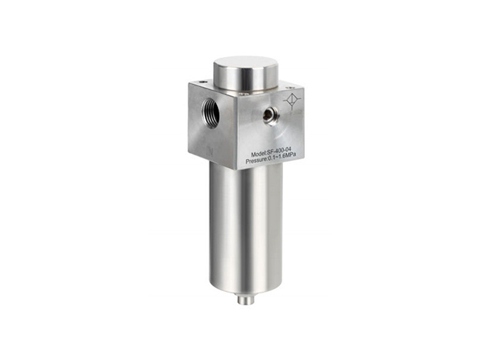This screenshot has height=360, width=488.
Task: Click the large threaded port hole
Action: [x=211, y=111]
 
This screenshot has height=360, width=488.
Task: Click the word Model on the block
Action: [x=258, y=154]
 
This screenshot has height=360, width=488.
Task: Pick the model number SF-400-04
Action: [x=279, y=153]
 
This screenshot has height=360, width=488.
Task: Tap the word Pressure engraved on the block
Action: [x=257, y=161]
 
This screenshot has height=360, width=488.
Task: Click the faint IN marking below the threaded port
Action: [x=210, y=152]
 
